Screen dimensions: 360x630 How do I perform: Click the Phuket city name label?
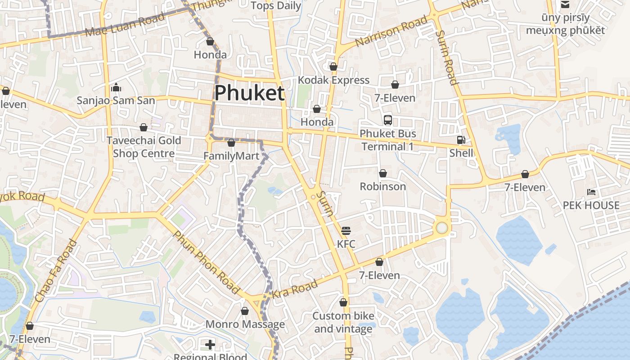point(249,93)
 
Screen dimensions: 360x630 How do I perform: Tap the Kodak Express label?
point(333,80)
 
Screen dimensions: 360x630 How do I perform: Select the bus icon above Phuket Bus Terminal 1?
point(388,120)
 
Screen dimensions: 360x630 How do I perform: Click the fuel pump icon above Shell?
point(461,140)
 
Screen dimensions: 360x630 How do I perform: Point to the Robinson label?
point(382,186)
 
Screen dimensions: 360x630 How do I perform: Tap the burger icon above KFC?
point(346,231)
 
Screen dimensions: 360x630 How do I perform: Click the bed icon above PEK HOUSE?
point(591,192)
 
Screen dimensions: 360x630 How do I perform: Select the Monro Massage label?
point(245,324)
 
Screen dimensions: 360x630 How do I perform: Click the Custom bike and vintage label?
point(343,322)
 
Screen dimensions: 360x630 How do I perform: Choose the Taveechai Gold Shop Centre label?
point(144,147)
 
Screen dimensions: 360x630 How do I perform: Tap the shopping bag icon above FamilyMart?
point(231,143)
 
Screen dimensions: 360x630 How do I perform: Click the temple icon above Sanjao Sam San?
point(116,87)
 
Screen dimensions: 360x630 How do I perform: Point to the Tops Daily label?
point(276,5)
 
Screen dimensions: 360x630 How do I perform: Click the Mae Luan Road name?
point(125,25)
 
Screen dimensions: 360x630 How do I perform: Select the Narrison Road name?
point(391,31)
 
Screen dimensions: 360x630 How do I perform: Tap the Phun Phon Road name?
point(206,262)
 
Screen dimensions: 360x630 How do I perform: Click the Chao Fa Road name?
point(55,271)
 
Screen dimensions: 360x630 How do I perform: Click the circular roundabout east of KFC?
point(442,228)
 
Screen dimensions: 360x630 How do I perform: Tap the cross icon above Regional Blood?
point(210,345)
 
